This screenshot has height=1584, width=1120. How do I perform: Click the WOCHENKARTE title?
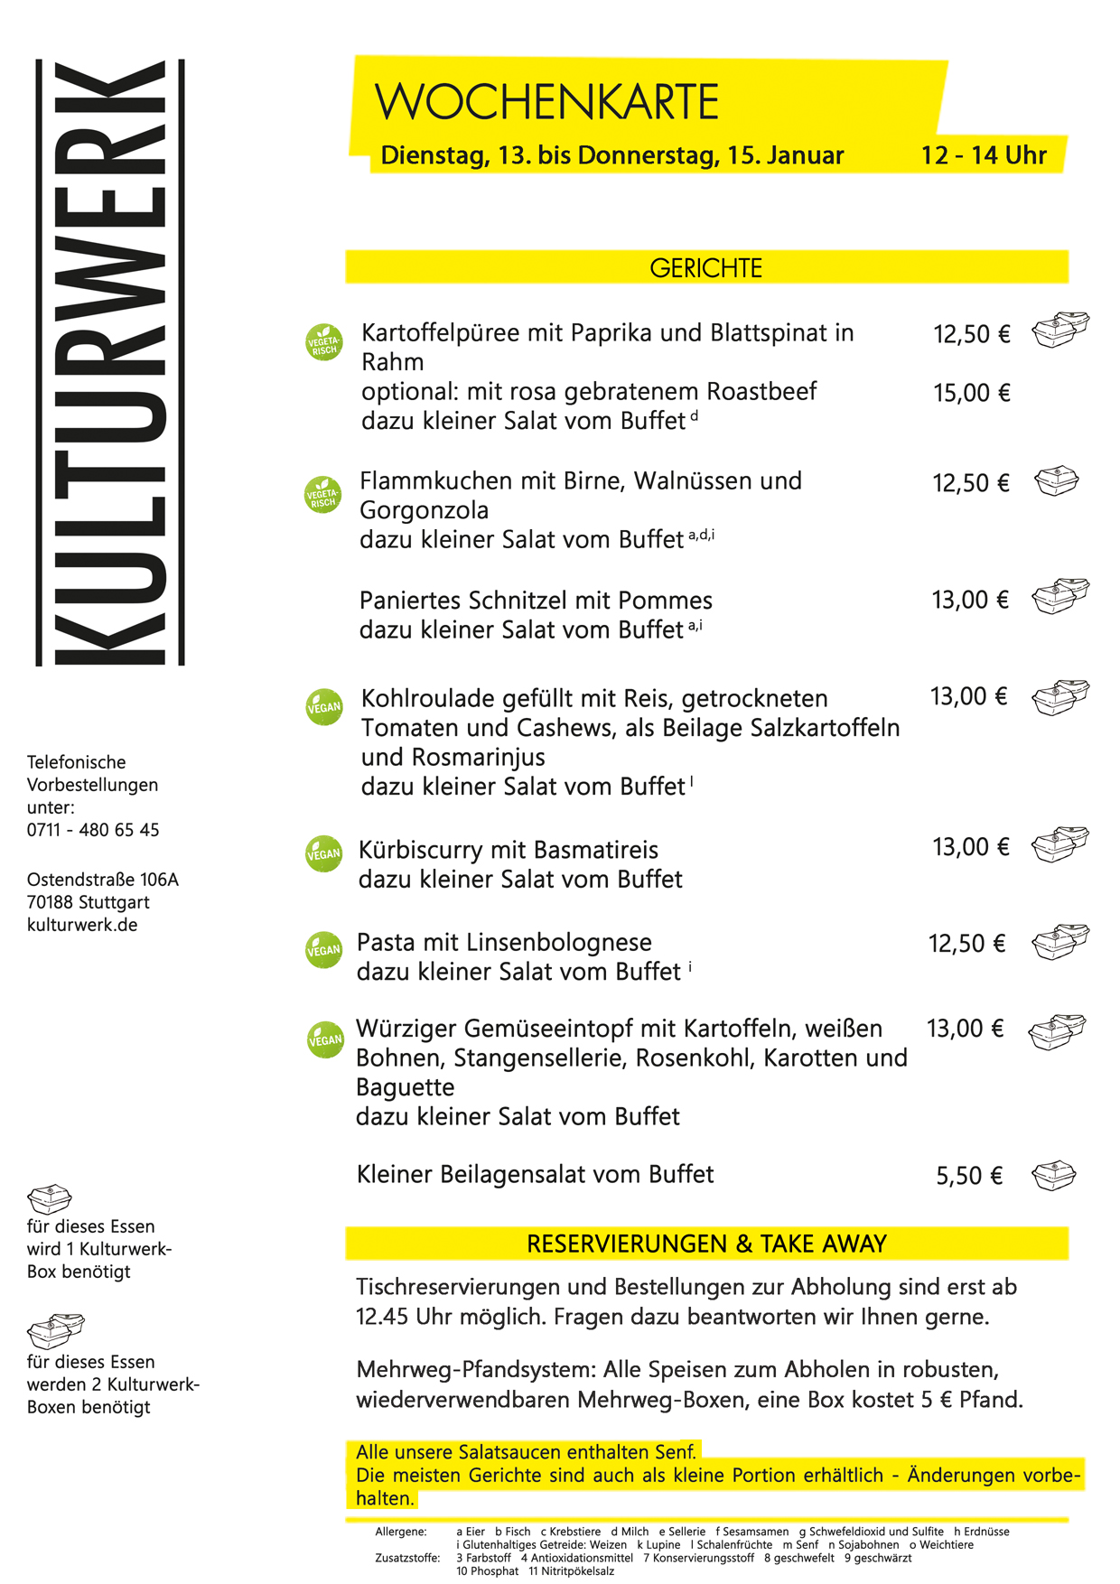tap(546, 101)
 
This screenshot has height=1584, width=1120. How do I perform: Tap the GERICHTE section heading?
tap(705, 268)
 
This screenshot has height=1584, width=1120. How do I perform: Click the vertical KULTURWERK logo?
tap(110, 363)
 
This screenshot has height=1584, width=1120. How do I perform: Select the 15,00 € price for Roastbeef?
tap(971, 393)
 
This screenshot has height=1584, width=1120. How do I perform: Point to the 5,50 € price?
tap(969, 1176)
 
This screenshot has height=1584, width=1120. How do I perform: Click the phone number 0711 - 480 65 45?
tap(93, 830)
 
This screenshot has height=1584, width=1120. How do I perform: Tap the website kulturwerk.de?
tap(82, 925)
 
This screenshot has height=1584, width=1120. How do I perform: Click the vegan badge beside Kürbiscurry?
tap(324, 853)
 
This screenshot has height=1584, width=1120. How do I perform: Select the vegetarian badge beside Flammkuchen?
tap(323, 495)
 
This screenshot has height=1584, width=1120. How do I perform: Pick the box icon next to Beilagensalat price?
tap(1054, 1176)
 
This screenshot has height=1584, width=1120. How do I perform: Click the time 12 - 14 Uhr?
tap(983, 155)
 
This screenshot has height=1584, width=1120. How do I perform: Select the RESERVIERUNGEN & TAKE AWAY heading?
tap(705, 1244)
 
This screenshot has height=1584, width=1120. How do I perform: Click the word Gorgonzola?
tap(424, 510)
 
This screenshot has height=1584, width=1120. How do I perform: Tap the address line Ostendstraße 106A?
tap(102, 880)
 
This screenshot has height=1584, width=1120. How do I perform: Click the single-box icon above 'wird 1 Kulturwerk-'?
tap(49, 1199)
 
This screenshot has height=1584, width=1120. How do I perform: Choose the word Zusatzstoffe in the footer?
tap(407, 1558)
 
